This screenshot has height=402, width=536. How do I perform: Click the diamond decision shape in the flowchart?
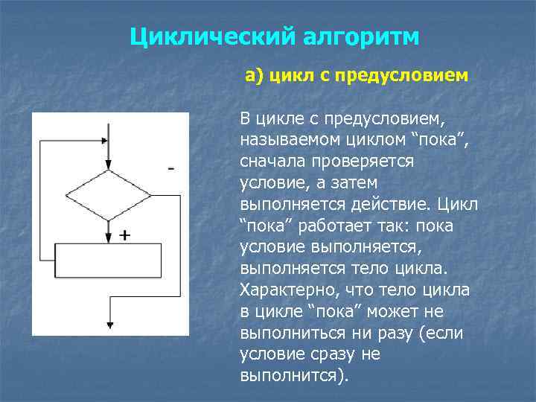[109, 194]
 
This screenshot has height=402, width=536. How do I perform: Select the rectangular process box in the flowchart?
[109, 258]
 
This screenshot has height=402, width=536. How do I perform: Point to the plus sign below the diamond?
[124, 234]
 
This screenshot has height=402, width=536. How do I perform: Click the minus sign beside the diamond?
[172, 169]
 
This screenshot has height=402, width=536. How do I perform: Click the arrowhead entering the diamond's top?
[109, 165]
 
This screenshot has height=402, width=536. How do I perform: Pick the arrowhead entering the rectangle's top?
[109, 237]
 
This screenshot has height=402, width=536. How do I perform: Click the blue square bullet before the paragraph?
[227, 119]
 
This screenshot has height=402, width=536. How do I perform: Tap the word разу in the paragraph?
[397, 333]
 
